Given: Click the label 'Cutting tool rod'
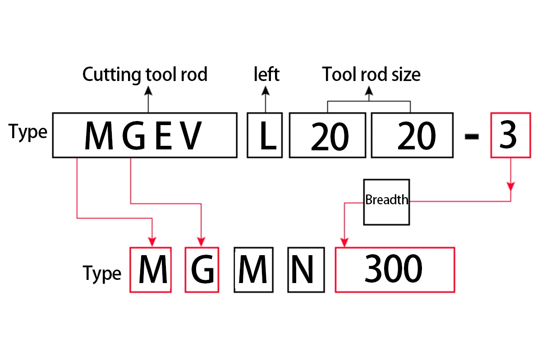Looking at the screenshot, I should pos(145,74).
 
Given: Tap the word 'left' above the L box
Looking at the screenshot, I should pos(266,74).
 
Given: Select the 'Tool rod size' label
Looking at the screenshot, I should pos(371,74).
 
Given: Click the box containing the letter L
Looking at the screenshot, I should pos(265,135).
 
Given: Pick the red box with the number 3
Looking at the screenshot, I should pos(510,135).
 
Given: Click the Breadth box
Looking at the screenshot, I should pos(386,202).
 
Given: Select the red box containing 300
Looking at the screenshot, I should pos(394,270).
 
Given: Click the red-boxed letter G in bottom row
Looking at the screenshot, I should pos(202,270).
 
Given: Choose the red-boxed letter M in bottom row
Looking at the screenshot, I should pos(151,270).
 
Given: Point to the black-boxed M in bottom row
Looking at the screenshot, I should pos(253,270).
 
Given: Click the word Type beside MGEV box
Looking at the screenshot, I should pos(28,132).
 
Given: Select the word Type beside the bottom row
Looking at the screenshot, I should pos(102,273).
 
